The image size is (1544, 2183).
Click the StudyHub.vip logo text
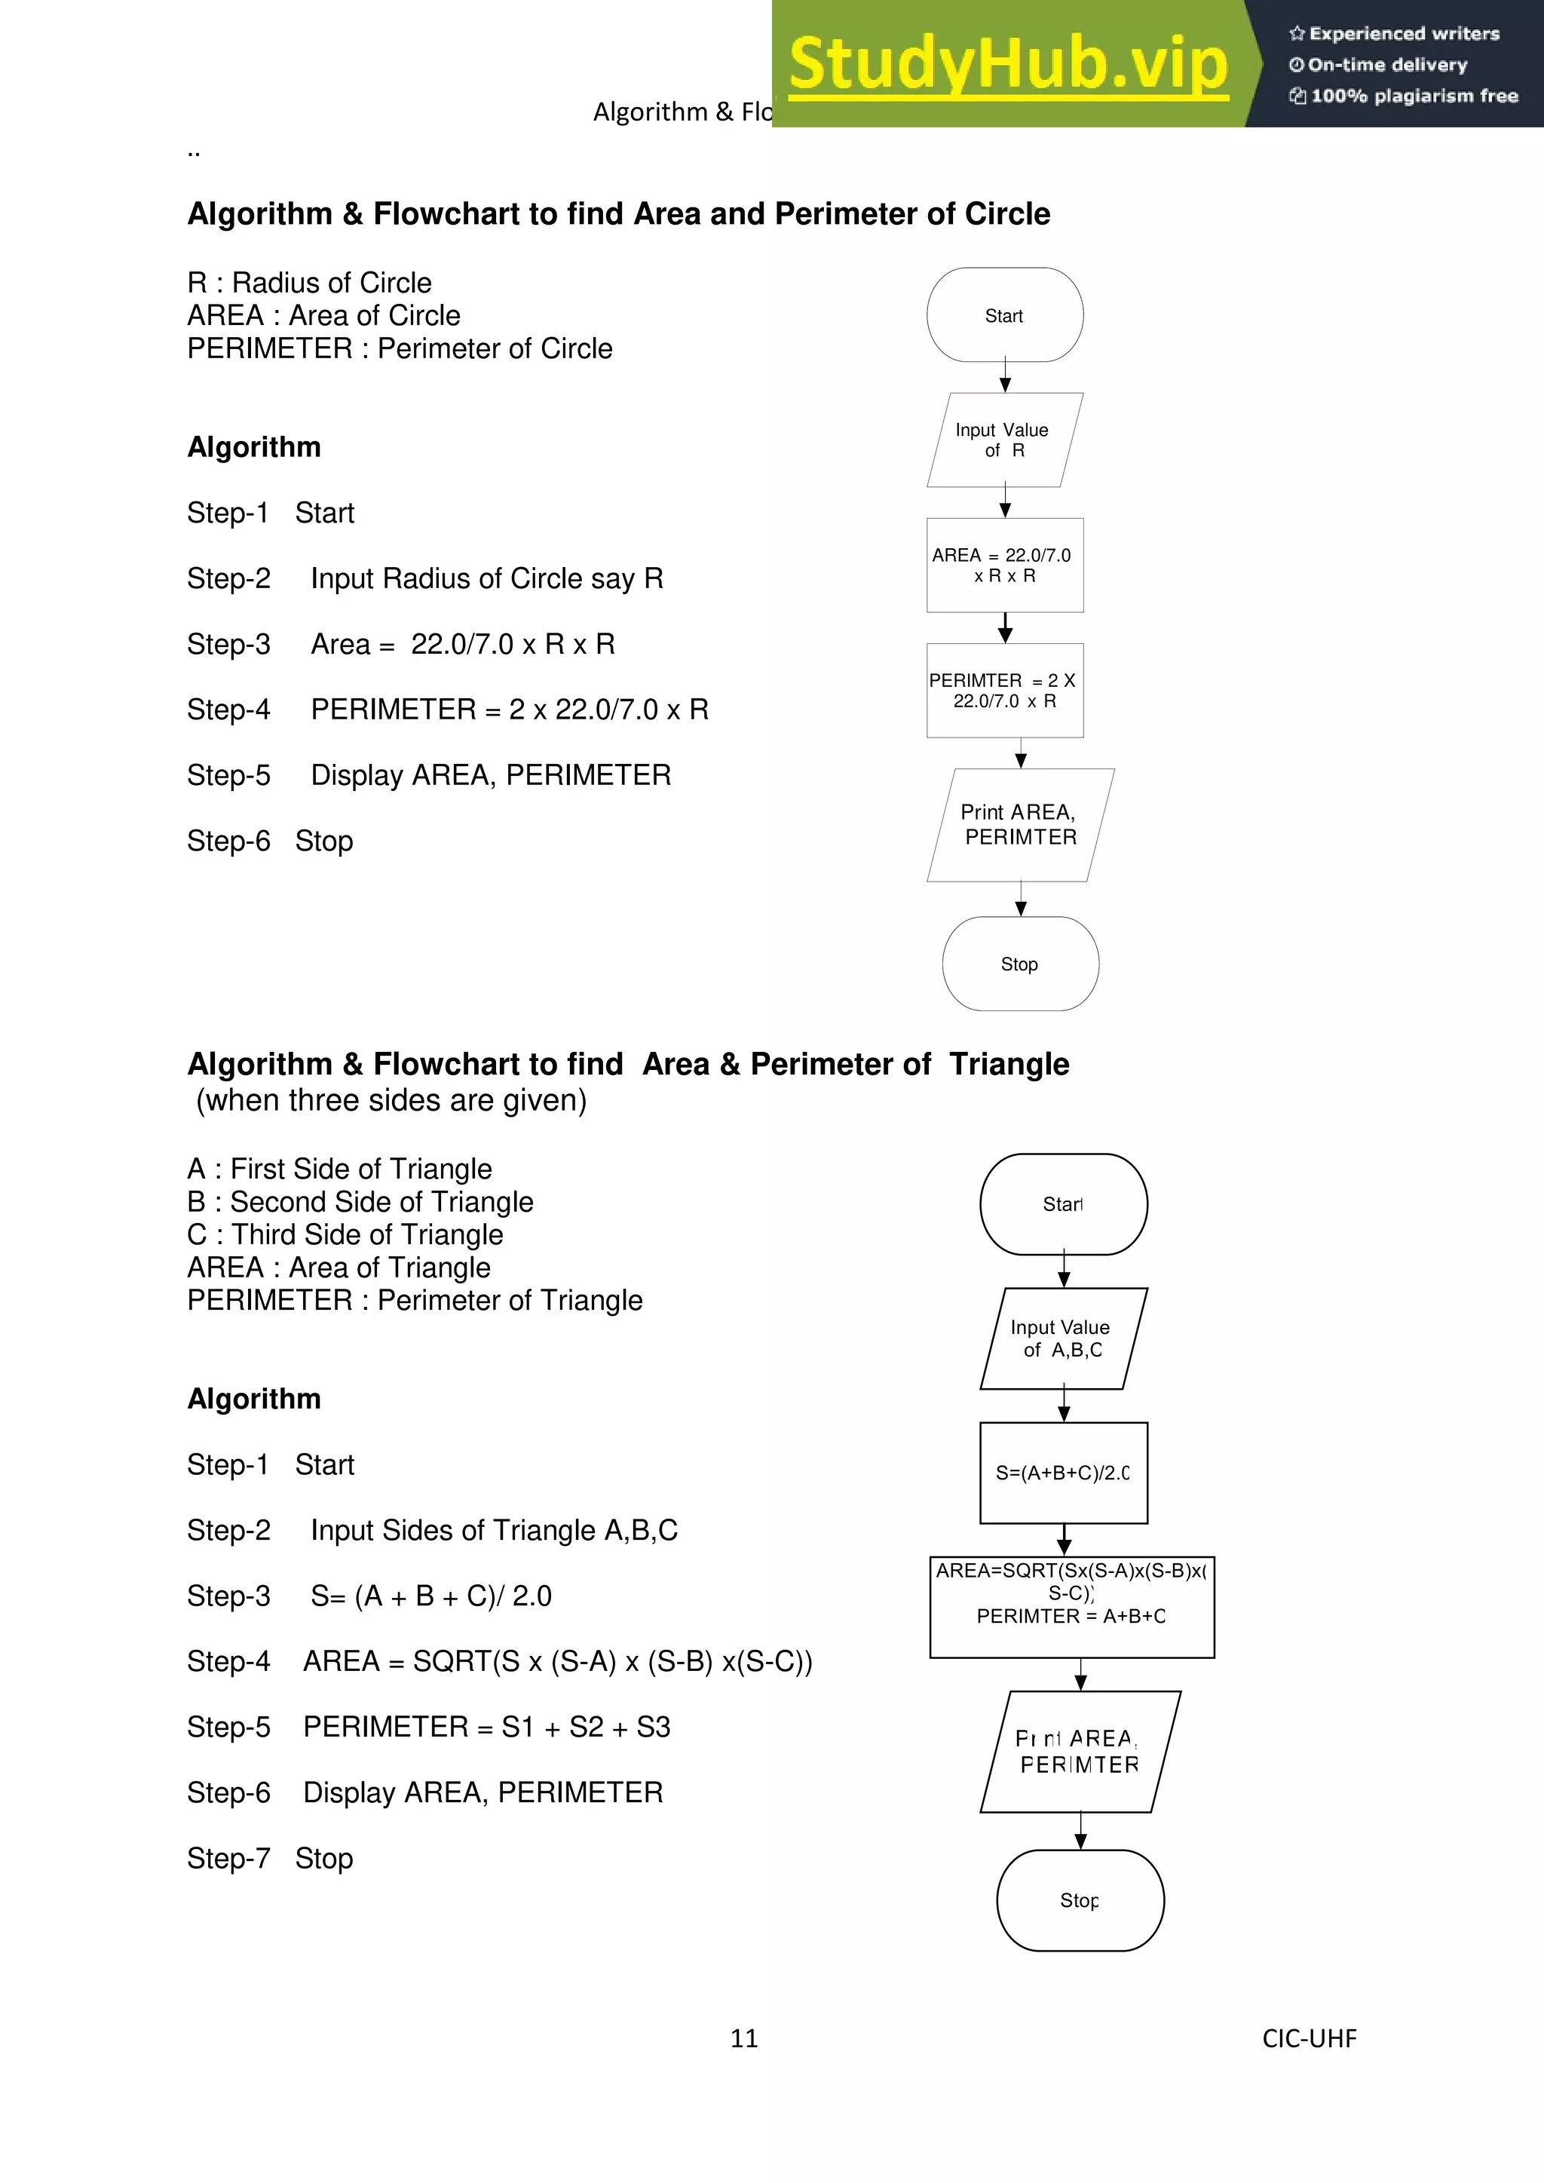pos(1008,65)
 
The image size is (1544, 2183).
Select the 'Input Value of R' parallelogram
pos(1005,440)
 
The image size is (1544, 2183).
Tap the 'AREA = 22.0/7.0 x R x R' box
pos(1005,565)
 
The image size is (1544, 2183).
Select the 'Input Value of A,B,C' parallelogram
pos(1063,1338)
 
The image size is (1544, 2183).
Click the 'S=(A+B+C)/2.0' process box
pos(1063,1473)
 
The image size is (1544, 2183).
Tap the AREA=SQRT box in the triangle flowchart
pos(1071,1607)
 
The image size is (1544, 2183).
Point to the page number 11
pos(744,2037)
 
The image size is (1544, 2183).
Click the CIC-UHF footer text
pos(1310,2037)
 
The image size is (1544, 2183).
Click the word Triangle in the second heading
pos(1009,1064)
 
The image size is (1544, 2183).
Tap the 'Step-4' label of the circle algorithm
pos(228,710)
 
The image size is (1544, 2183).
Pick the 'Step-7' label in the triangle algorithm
pos(228,1858)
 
